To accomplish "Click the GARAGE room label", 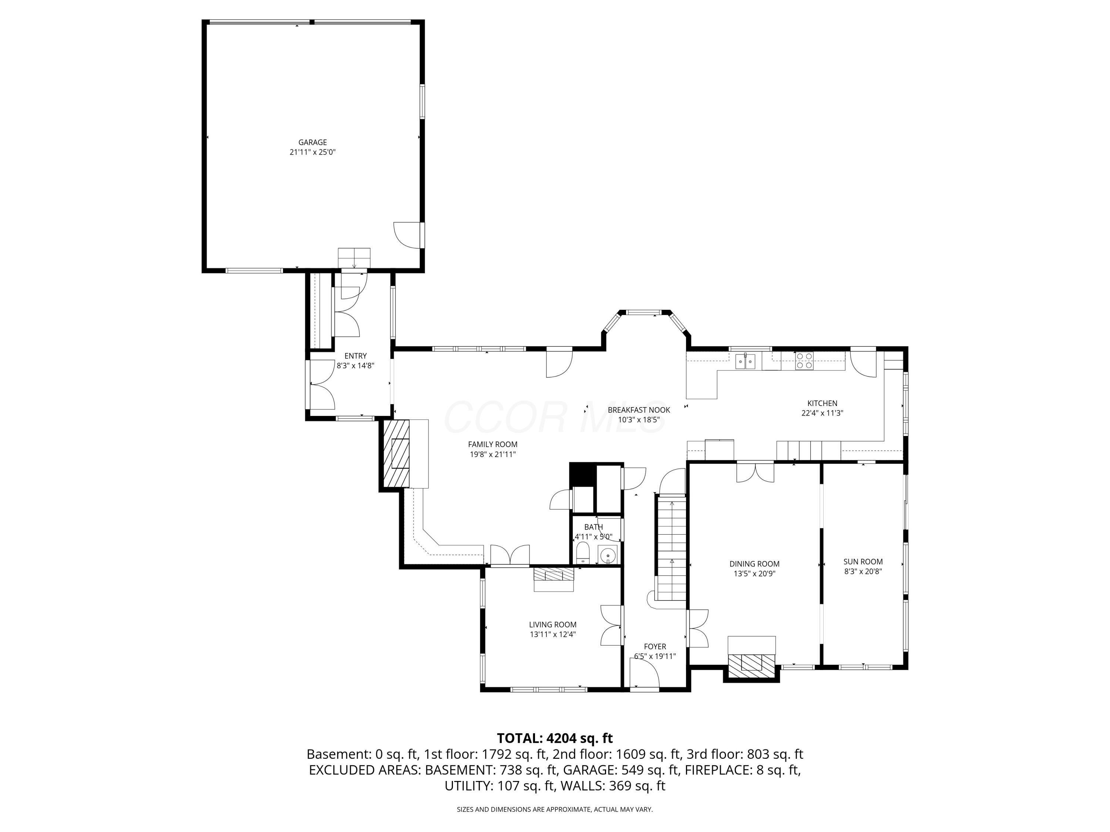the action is [x=313, y=142].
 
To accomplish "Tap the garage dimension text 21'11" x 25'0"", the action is [x=313, y=152].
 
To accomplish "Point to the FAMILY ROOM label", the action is [x=493, y=444].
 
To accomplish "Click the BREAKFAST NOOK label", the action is [x=639, y=410].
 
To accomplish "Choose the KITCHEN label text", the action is [x=822, y=403].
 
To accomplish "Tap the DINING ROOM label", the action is [x=754, y=564].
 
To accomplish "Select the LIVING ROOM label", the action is [x=552, y=625].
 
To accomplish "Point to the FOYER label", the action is [x=655, y=646].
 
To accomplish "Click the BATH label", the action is [x=593, y=527].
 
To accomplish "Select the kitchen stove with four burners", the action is [x=804, y=361].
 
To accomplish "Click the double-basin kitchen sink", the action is [x=745, y=361].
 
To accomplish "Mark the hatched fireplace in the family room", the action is [x=396, y=454].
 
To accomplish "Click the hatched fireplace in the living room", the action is [x=554, y=574].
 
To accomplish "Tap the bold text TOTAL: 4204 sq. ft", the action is [x=555, y=738].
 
